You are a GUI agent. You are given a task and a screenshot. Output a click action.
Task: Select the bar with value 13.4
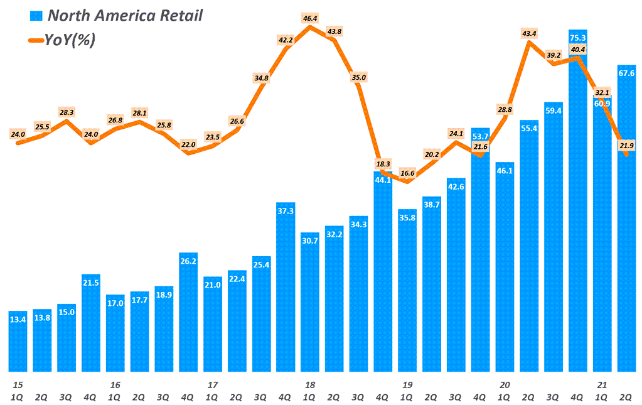click(18, 342)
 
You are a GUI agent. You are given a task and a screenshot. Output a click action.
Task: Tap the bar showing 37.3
click(286, 289)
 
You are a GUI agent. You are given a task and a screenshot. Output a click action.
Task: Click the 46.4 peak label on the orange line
click(310, 19)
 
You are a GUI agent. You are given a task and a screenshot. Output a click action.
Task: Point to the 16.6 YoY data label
click(407, 173)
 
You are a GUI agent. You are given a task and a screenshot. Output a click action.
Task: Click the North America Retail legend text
click(125, 16)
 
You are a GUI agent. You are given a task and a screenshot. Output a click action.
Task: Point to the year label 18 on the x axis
click(310, 384)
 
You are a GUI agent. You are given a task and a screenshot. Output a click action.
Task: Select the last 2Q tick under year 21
click(626, 397)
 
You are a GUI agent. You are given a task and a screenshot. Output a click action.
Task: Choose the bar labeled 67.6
click(627, 220)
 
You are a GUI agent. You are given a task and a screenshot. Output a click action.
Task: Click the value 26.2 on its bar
click(188, 261)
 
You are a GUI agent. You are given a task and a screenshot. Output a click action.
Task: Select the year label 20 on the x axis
click(505, 384)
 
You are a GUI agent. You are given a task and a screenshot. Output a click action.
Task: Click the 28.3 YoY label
click(67, 112)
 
